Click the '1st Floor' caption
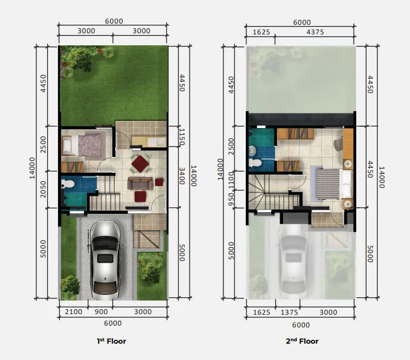coord(112,341)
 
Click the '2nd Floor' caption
coord(301,341)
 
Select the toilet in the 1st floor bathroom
coord(68,183)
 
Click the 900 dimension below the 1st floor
coord(101,312)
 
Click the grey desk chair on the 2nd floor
coord(339,144)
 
